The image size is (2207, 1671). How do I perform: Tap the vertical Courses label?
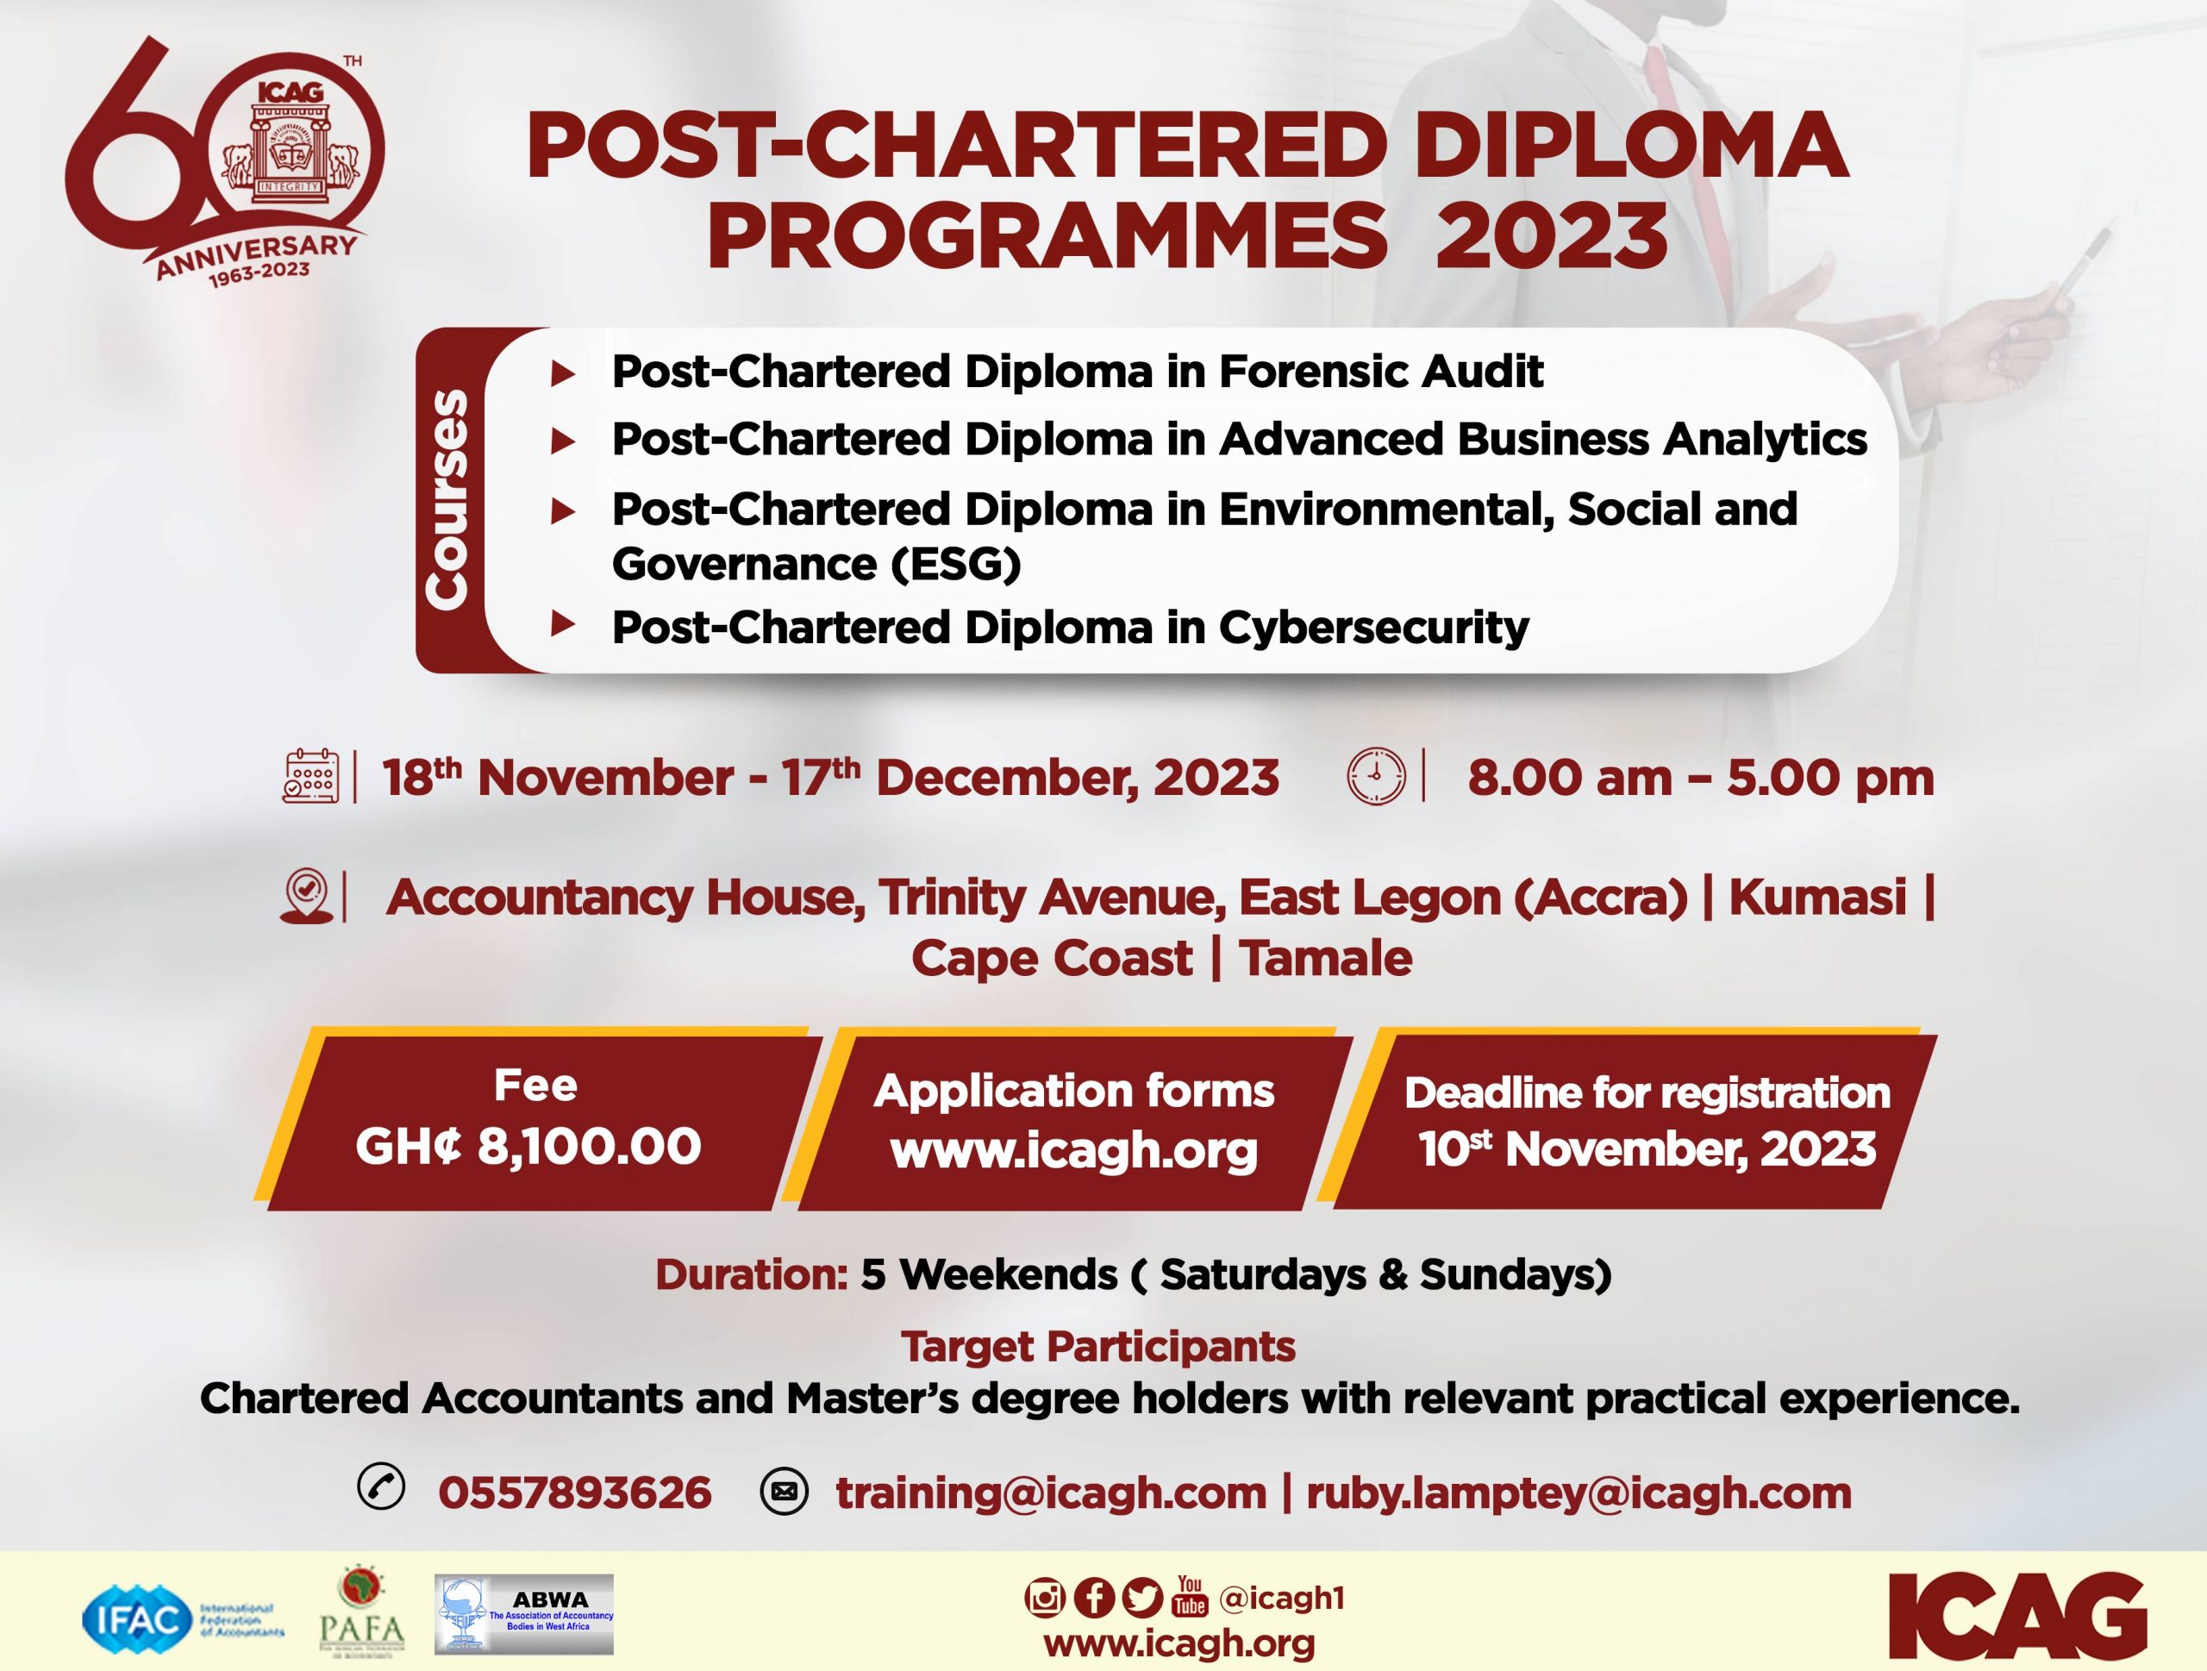point(446,499)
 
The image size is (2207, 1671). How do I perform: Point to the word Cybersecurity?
point(1374,629)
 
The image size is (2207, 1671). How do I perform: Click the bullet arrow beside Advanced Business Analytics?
point(564,441)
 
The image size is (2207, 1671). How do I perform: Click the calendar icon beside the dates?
point(310,776)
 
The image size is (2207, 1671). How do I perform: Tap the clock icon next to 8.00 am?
point(1376,777)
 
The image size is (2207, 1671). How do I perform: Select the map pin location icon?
point(306,897)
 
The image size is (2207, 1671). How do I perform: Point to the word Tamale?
point(1325,959)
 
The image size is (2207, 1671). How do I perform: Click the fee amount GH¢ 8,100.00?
point(528,1145)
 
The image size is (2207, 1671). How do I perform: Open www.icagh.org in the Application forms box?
point(1074,1151)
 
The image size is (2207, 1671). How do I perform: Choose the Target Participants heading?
point(1098,1347)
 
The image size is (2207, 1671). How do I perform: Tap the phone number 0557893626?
point(575,1493)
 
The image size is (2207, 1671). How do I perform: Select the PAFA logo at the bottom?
point(362,1612)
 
